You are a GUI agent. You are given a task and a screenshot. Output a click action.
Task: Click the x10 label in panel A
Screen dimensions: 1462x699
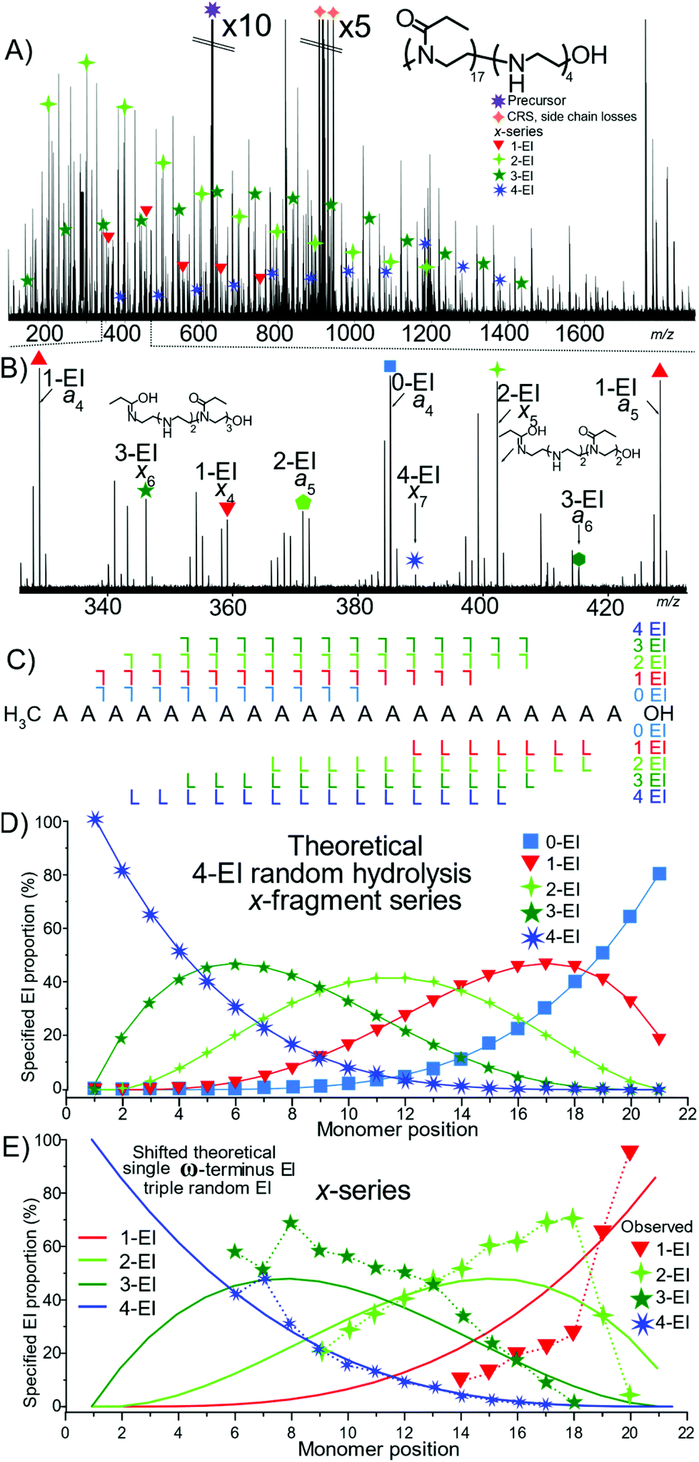coord(246,26)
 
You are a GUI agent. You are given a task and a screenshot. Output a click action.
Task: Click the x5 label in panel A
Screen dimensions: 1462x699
coord(354,27)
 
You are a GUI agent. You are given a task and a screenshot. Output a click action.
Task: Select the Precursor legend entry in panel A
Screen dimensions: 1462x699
coord(535,101)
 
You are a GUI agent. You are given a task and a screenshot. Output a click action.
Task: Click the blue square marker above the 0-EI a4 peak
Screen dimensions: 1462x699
coord(390,366)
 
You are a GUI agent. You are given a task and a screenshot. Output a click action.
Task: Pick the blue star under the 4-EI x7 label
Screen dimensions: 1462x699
coord(415,560)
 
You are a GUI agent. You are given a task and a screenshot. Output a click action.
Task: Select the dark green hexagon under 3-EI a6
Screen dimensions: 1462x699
coord(579,559)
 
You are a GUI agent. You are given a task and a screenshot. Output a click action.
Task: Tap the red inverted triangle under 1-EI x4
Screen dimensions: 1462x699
coord(227,509)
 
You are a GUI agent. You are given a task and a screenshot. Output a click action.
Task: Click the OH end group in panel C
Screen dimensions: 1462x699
coord(658,713)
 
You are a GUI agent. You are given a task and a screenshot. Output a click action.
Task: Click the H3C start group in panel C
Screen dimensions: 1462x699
coord(22,714)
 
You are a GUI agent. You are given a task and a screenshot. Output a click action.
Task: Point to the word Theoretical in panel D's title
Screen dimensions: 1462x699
coord(356,846)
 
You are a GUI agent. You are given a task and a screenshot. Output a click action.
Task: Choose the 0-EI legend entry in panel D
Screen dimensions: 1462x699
coord(550,842)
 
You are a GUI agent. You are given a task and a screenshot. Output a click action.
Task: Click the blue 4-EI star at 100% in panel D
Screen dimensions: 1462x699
coord(94,819)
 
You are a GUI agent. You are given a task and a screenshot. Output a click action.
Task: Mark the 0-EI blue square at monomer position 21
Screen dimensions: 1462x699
coord(659,873)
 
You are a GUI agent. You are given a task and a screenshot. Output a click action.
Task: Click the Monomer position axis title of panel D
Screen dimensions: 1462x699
coord(397,1129)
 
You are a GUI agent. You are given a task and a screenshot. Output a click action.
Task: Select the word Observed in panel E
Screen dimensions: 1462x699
coord(656,1226)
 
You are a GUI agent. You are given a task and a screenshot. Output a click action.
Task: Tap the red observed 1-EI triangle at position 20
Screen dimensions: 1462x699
coord(630,1153)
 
